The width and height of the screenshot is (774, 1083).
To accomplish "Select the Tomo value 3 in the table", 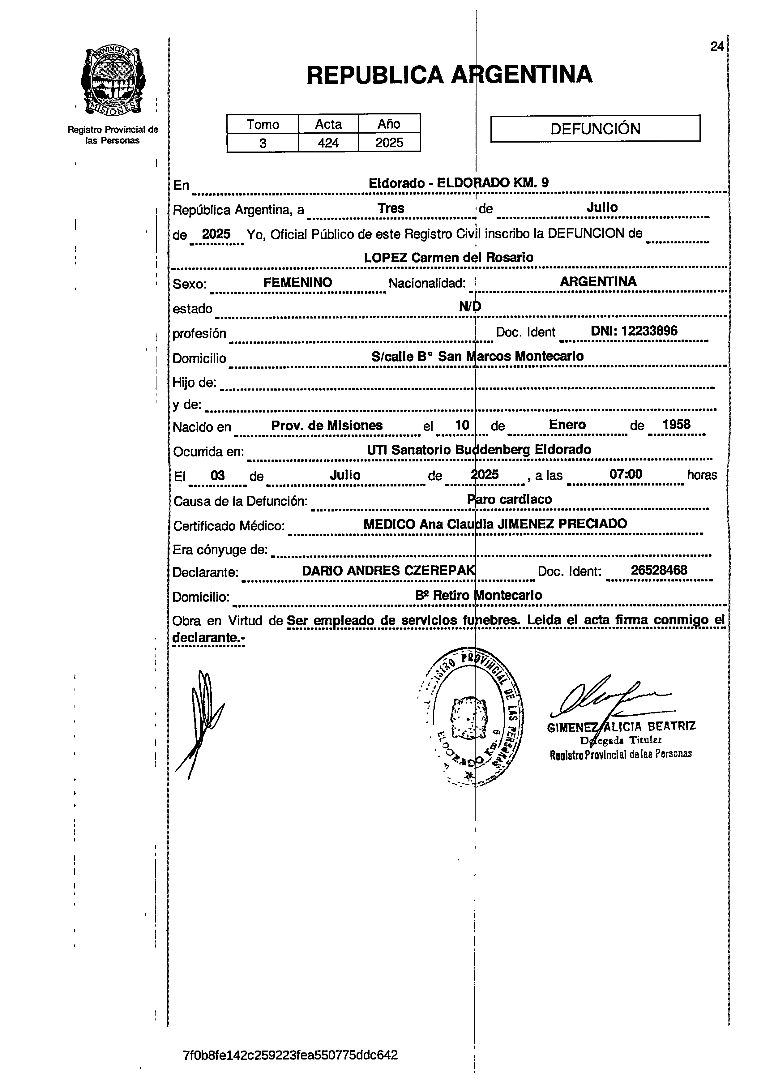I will pyautogui.click(x=263, y=143).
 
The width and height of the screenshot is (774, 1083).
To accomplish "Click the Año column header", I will pyautogui.click(x=389, y=124).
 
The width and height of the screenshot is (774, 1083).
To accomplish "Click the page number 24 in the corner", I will pyautogui.click(x=716, y=47).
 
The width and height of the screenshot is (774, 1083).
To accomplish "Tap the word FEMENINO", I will pyautogui.click(x=297, y=283).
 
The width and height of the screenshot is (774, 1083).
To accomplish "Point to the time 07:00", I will pyautogui.click(x=625, y=474).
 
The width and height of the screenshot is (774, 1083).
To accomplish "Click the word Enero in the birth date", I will pyautogui.click(x=567, y=425).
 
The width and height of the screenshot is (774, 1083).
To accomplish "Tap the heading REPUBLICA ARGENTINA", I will pyautogui.click(x=449, y=75).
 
